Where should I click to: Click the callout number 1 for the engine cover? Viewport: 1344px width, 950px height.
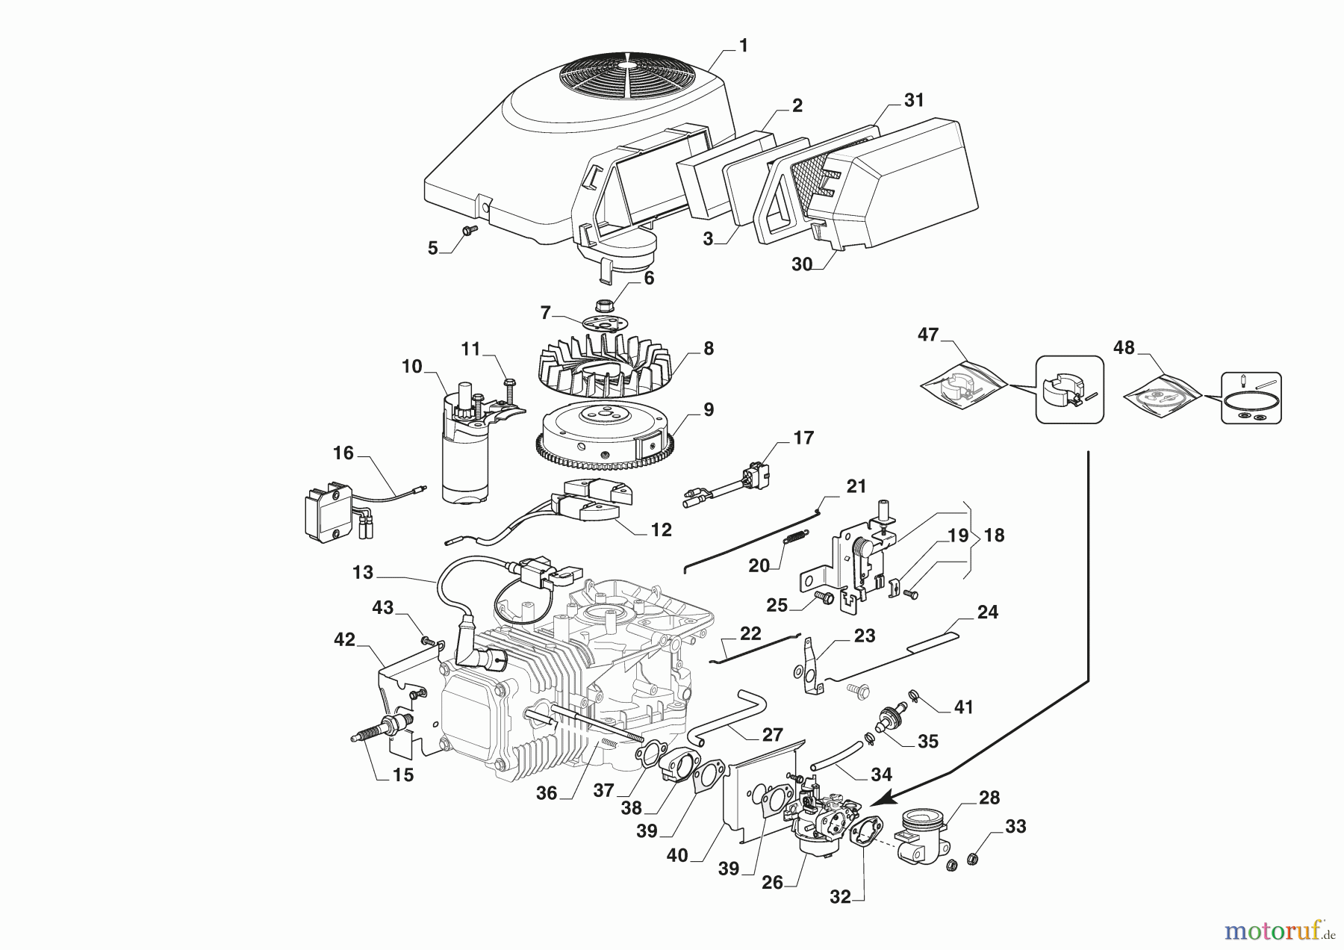pyautogui.click(x=743, y=46)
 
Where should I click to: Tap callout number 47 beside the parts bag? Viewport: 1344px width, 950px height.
pyautogui.click(x=928, y=335)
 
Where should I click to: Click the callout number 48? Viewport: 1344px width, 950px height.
pyautogui.click(x=1124, y=347)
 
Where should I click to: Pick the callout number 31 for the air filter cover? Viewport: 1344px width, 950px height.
pyautogui.click(x=914, y=100)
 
